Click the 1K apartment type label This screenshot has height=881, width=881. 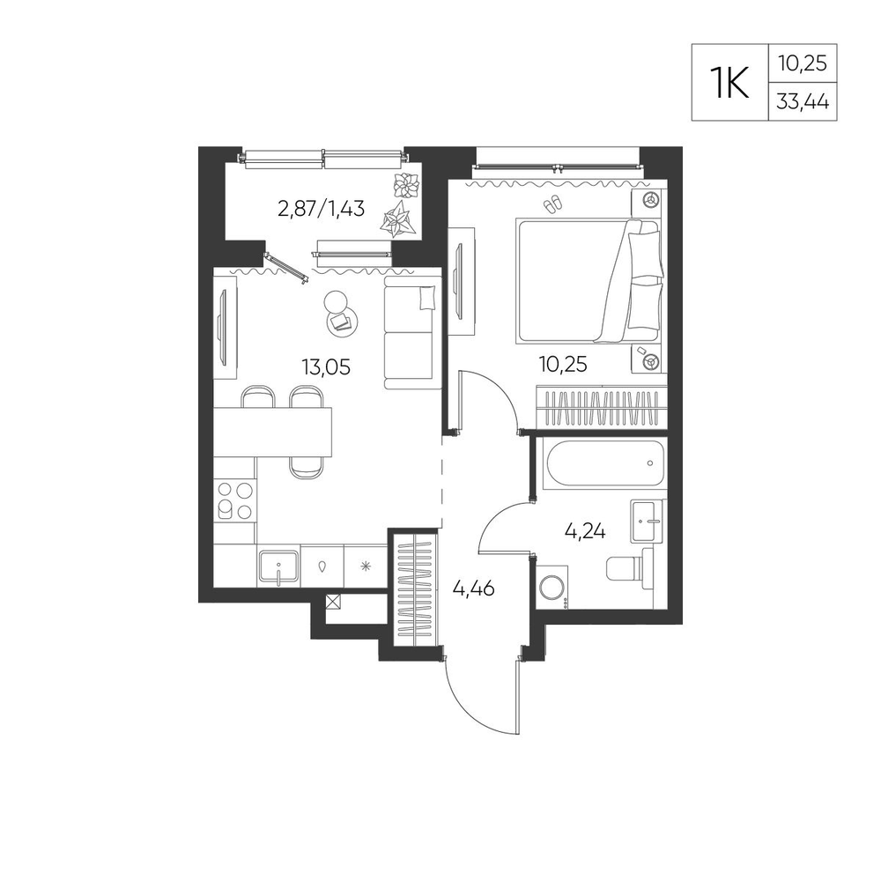pos(729,83)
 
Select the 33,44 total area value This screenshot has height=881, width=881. pos(803,102)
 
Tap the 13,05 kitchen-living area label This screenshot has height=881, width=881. pos(326,367)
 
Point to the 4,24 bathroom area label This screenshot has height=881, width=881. pos(585,531)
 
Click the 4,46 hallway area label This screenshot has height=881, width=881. pos(474,589)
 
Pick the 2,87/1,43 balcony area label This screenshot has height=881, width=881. pos(322,209)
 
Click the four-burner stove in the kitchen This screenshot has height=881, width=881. pos(235,500)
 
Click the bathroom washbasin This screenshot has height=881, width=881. pos(648,521)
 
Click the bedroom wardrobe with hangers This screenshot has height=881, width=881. pos(602,407)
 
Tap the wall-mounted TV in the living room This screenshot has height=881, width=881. pos(223,327)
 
